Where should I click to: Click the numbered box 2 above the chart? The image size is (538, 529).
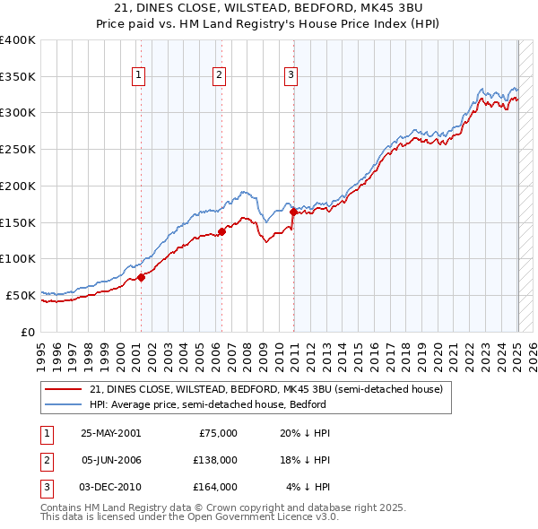pos(220,76)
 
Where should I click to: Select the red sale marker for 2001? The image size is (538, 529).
pos(141,277)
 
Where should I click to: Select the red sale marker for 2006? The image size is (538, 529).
pos(221,231)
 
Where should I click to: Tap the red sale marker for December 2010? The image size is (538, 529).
pos(293,212)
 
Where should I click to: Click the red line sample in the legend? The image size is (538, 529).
pos(65,390)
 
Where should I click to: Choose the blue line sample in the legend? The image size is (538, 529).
pos(65,404)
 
